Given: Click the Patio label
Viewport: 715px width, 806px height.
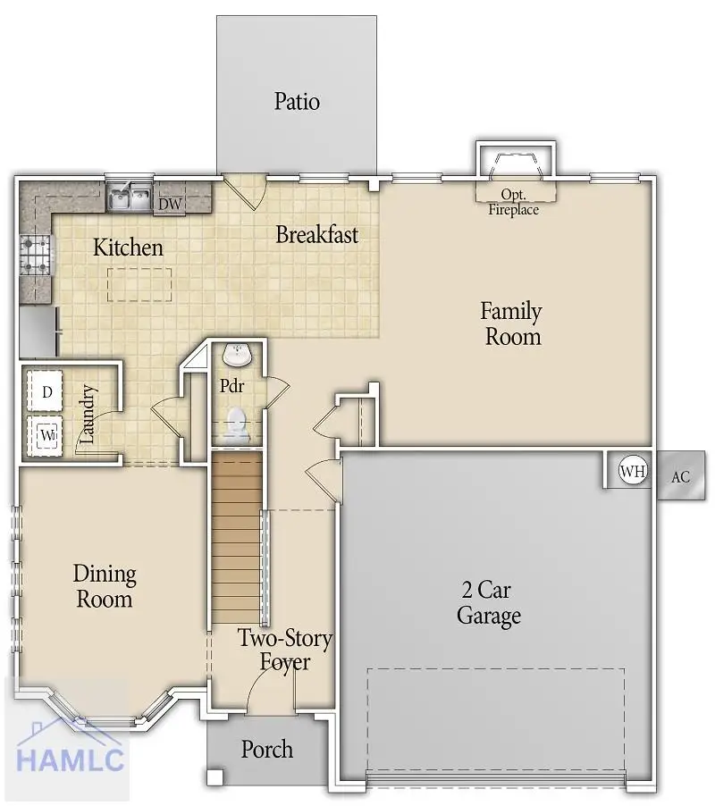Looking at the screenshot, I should click(297, 101).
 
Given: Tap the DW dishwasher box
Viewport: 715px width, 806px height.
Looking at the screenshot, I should click(170, 204).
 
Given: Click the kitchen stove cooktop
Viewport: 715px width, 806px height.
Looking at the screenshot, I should click(35, 254).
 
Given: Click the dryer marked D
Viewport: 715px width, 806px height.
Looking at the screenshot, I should click(46, 391).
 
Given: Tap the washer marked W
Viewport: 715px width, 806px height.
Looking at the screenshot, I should click(46, 435).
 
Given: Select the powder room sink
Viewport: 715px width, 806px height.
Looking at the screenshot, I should click(238, 356).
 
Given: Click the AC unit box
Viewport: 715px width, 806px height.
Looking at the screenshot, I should click(681, 476).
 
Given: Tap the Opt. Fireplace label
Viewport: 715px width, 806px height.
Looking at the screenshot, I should click(513, 202).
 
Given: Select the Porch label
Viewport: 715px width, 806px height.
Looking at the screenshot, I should click(266, 749).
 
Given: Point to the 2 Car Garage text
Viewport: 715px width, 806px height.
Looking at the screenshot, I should click(488, 602).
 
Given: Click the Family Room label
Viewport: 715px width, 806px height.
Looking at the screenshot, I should click(512, 323).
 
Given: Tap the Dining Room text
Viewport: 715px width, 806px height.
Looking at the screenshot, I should click(105, 585).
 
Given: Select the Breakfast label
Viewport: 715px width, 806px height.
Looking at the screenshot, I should click(316, 235).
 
